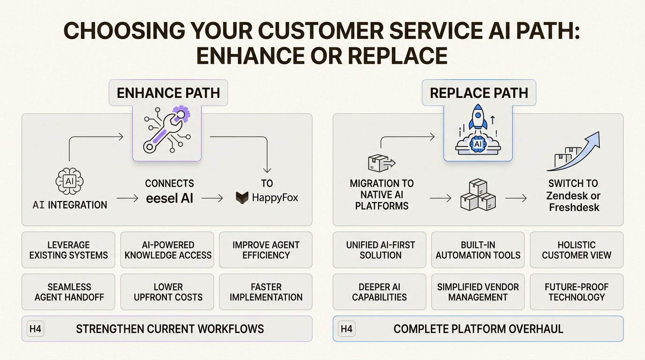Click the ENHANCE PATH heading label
tap(168, 92)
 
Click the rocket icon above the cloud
tap(478, 117)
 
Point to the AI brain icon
tap(69, 180)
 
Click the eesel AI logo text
tap(169, 198)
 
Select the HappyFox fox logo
tap(241, 198)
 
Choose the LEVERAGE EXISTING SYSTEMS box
tap(68, 250)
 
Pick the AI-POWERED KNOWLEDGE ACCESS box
tap(168, 250)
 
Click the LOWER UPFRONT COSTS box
tap(168, 292)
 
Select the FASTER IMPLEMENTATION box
tap(266, 292)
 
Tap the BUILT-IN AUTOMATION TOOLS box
tap(478, 250)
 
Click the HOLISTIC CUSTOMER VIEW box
tap(577, 250)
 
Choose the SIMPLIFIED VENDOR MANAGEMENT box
tap(478, 292)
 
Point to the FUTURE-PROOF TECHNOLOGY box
tap(577, 292)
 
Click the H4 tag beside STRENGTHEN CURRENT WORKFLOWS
tap(35, 329)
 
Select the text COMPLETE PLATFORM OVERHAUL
tap(478, 329)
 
